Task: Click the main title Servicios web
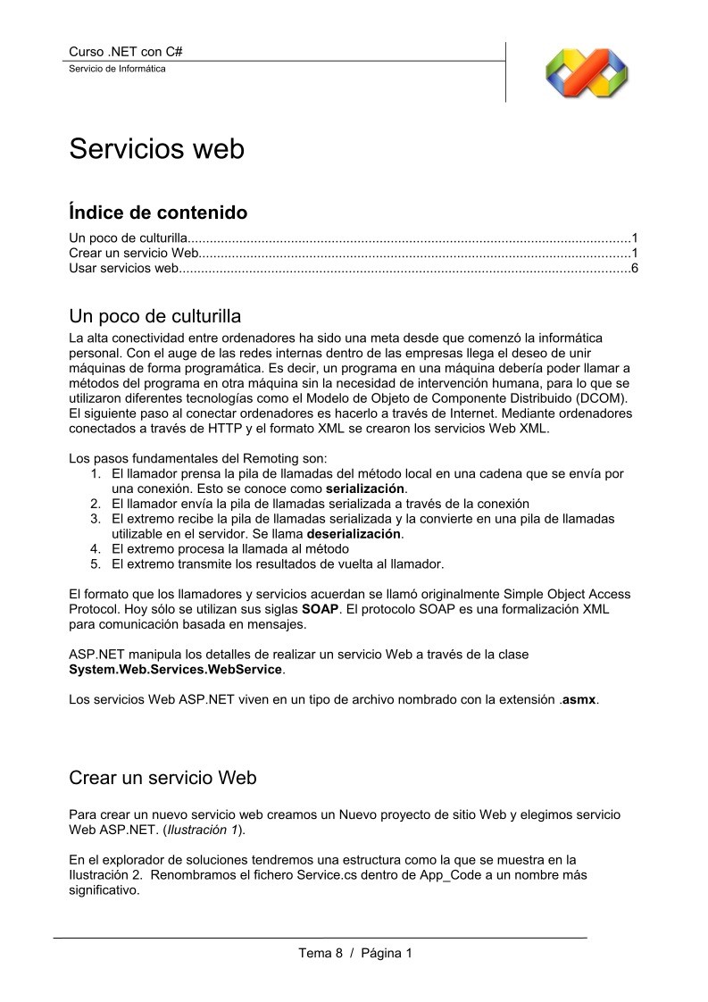click(156, 149)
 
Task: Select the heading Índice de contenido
click(158, 213)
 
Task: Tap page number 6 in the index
click(634, 269)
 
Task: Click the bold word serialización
click(366, 489)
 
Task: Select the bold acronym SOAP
click(320, 609)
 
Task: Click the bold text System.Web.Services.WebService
click(176, 669)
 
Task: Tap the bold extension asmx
click(579, 699)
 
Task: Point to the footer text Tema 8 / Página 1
click(355, 953)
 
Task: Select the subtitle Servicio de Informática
click(117, 69)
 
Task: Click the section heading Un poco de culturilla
click(154, 317)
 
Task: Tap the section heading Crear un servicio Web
click(162, 778)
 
